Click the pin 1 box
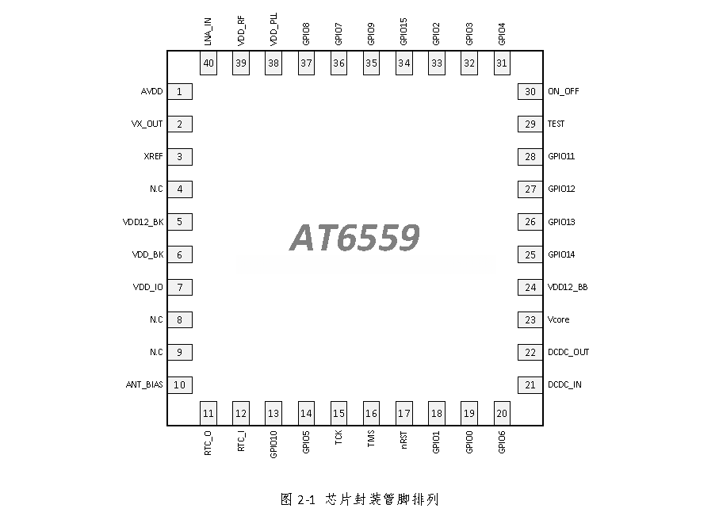click(x=180, y=92)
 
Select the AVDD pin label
click(x=151, y=92)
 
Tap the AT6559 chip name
click(x=354, y=238)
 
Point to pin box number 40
click(x=208, y=63)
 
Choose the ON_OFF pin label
click(x=564, y=91)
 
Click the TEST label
click(x=556, y=124)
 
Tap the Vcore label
click(x=559, y=320)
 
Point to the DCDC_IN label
click(x=564, y=385)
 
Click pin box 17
click(x=404, y=413)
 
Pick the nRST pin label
click(x=404, y=440)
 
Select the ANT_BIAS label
click(x=144, y=385)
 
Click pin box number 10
click(x=180, y=385)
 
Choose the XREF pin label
click(x=154, y=157)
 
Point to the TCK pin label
click(x=338, y=438)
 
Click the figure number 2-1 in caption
click(x=306, y=499)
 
